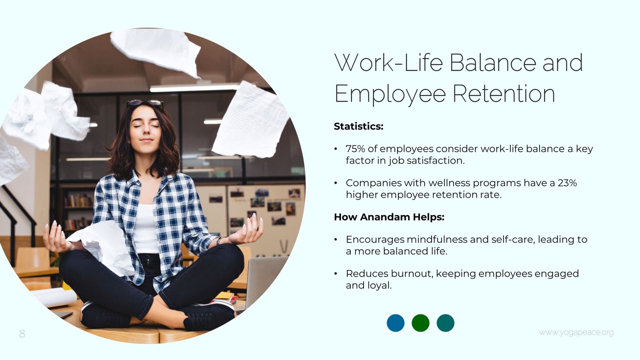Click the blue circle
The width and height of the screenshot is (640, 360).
pyautogui.click(x=396, y=323)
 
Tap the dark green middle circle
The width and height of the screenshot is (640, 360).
pyautogui.click(x=420, y=323)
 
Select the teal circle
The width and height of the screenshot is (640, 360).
pyautogui.click(x=446, y=323)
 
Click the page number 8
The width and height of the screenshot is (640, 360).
pyautogui.click(x=22, y=334)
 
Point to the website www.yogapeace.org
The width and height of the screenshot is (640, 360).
pyautogui.click(x=576, y=332)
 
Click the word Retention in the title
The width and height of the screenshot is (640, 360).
pyautogui.click(x=504, y=94)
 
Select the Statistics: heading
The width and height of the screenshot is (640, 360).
pyautogui.click(x=358, y=126)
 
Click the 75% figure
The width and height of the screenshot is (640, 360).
pyautogui.click(x=356, y=149)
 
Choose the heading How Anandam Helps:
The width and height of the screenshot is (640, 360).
pyautogui.click(x=389, y=217)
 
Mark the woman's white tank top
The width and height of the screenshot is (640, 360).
pyautogui.click(x=146, y=228)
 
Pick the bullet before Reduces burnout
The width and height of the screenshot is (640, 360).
pyautogui.click(x=336, y=274)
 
